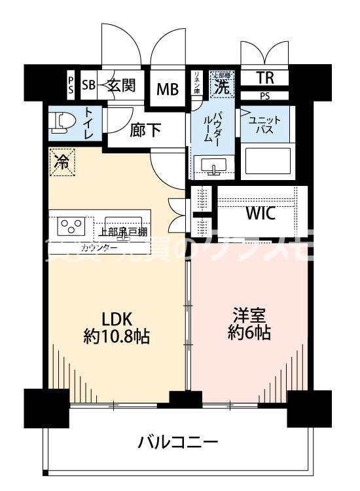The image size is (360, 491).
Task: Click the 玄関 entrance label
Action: click(x=122, y=85)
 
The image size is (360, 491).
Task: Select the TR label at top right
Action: click(x=264, y=79)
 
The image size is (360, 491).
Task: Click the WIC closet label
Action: click(x=260, y=213)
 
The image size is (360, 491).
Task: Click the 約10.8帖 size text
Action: click(x=117, y=337)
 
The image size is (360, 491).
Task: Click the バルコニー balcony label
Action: click(x=177, y=443)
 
